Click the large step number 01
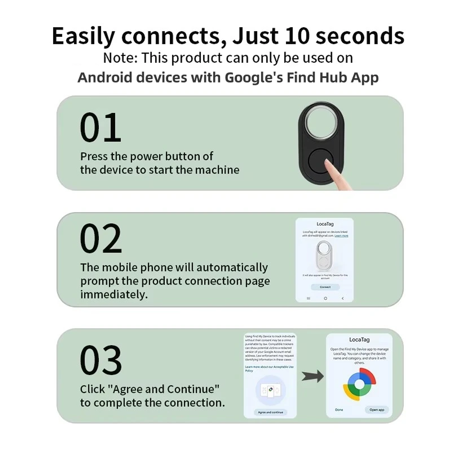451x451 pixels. click(x=100, y=127)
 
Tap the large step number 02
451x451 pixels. click(x=101, y=238)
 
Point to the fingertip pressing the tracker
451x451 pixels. click(x=329, y=163)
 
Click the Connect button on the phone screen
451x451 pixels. click(x=325, y=287)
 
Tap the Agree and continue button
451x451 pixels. click(x=270, y=412)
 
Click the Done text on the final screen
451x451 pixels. click(x=339, y=410)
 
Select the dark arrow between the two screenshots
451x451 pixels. click(x=313, y=376)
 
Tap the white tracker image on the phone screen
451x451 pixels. click(x=324, y=255)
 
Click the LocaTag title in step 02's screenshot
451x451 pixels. click(x=325, y=224)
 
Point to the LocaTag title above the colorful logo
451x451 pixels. click(x=359, y=340)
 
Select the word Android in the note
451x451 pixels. click(x=104, y=77)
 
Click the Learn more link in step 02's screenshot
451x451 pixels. click(x=341, y=236)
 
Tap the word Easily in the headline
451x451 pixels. click(x=83, y=36)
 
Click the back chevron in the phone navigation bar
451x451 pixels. click(x=343, y=298)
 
